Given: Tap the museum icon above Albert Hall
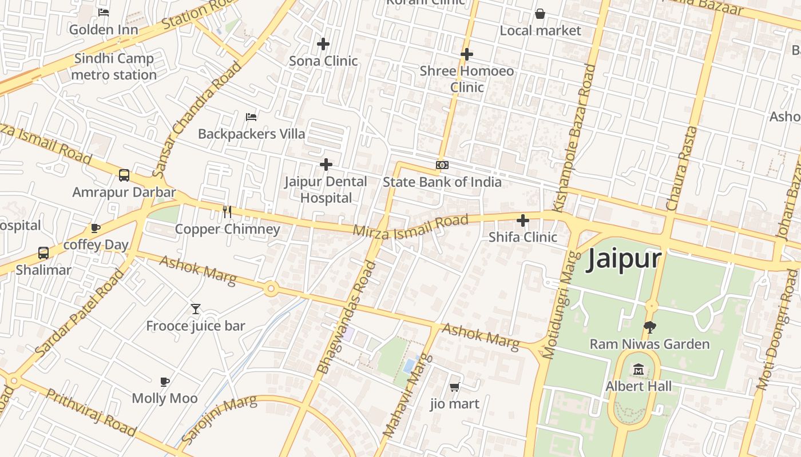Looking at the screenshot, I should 639,370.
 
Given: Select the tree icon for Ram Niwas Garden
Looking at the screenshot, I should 649,327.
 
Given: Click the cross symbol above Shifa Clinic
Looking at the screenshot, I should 523,221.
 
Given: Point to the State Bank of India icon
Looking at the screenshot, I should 442,165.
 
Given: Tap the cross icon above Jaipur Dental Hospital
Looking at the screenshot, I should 326,165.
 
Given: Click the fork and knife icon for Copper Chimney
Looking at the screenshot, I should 227,212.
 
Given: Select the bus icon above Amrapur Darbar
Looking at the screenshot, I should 124,175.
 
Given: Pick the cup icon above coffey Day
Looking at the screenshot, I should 96,228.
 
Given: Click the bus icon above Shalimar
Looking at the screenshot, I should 43,252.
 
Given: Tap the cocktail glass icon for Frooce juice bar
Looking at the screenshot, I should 196,309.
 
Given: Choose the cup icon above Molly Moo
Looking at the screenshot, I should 165,381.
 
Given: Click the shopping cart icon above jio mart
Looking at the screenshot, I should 455,387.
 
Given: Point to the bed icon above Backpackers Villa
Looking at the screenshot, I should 251,117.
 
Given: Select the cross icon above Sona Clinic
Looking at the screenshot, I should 323,43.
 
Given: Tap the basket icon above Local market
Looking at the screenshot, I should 540,14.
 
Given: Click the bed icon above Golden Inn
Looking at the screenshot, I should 104,12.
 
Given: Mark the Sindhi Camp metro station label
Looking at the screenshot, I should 114,67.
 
